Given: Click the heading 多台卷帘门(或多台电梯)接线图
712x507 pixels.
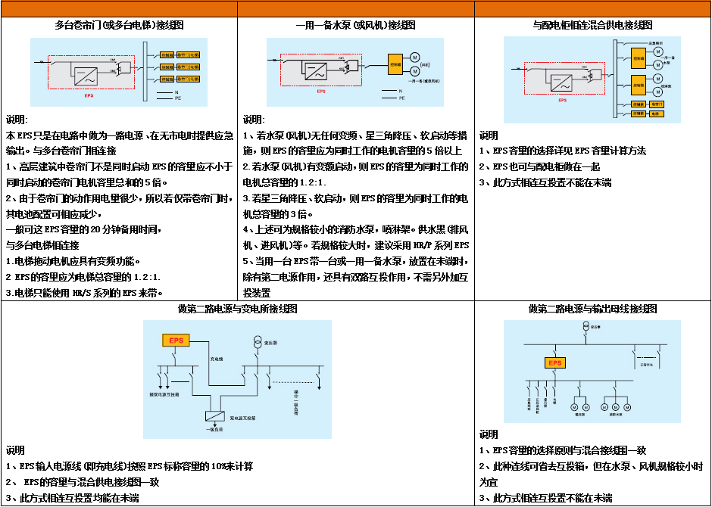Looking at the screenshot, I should click(x=120, y=25).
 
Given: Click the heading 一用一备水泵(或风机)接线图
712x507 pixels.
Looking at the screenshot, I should click(x=355, y=25).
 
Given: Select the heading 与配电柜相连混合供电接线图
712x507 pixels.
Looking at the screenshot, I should click(x=593, y=25).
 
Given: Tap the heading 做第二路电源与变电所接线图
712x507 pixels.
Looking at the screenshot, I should click(x=237, y=309).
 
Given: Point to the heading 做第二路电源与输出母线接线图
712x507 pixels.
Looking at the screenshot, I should click(x=593, y=309).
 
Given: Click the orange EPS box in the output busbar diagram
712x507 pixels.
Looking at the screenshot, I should click(x=556, y=363).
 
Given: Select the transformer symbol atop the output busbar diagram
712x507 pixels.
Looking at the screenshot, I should click(x=586, y=327).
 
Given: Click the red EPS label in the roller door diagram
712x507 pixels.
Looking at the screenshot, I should click(x=89, y=96).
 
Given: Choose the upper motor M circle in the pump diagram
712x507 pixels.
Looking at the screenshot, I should click(x=414, y=58).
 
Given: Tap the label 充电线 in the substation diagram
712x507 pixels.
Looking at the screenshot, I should click(x=216, y=358).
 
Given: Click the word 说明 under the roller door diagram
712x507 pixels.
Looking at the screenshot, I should click(x=17, y=120).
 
